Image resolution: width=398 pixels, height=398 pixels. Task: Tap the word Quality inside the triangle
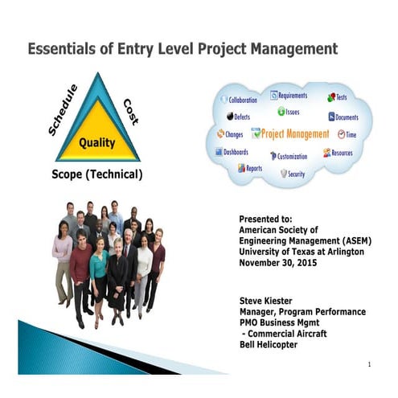click(96, 143)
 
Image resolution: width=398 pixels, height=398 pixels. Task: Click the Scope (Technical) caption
click(96, 174)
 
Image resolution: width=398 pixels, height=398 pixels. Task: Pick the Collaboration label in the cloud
click(242, 101)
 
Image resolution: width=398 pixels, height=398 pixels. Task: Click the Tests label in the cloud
click(341, 96)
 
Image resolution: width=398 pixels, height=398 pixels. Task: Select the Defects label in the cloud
click(241, 117)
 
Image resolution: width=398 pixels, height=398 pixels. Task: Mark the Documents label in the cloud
click(347, 117)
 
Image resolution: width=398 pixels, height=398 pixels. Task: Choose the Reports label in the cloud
click(253, 168)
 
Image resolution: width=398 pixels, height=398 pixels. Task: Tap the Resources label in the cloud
click(342, 152)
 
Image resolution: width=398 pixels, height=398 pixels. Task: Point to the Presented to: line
click(266, 218)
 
